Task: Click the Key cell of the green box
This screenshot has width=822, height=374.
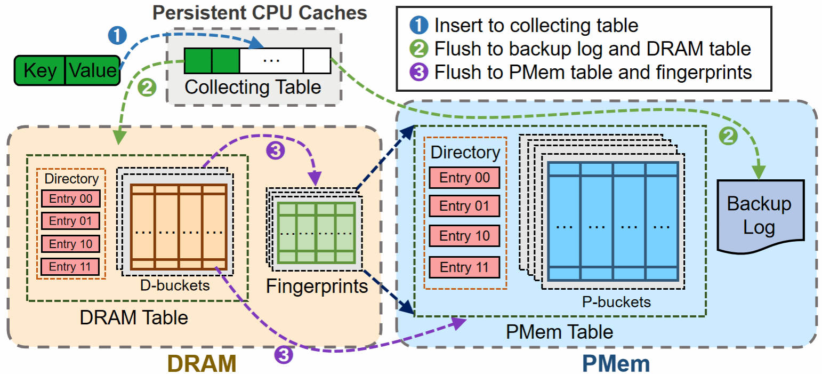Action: coord(40,70)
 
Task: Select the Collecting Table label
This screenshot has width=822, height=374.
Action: coord(253,87)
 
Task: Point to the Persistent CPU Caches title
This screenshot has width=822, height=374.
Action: coord(260,13)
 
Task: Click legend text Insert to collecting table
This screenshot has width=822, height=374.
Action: coord(536,25)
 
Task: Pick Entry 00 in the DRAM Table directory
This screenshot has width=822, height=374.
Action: coord(70,198)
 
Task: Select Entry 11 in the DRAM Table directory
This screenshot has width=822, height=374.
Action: coord(70,266)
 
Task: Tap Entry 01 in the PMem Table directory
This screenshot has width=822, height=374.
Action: coord(464,206)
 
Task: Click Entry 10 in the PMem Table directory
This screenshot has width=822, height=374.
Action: coord(464,236)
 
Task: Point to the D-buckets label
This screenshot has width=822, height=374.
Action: coord(175,285)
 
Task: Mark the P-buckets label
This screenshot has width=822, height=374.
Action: coord(616,302)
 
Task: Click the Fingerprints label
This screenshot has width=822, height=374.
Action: coord(317,287)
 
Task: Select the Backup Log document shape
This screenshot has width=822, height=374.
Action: coord(759,216)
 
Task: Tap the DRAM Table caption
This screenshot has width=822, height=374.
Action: coord(134,317)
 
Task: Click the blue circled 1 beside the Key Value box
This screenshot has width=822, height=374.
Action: coord(117,36)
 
